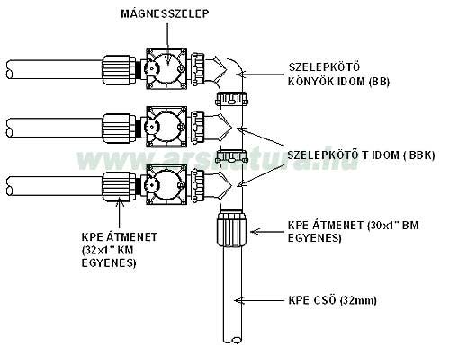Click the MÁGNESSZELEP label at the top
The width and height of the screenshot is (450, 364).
click(165, 13)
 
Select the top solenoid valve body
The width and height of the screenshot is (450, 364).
click(166, 68)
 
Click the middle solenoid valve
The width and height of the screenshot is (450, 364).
click(166, 127)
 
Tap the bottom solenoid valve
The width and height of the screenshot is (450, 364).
click(166, 184)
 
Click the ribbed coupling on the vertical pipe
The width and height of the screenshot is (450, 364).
click(233, 228)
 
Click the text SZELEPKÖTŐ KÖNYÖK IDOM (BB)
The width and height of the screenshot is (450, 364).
click(338, 75)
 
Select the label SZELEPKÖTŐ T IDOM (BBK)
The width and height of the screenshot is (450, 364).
click(361, 155)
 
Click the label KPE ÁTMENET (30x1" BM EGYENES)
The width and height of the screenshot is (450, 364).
click(353, 231)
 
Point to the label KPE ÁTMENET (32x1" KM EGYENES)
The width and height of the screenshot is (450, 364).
click(119, 250)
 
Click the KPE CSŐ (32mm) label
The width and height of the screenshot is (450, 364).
click(332, 300)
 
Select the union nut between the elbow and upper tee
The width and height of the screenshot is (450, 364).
click(232, 99)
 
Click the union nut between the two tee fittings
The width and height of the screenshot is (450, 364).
click(232, 157)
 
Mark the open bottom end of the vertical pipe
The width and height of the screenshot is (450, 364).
click(233, 340)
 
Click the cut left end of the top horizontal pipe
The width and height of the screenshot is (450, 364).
click(10, 69)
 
